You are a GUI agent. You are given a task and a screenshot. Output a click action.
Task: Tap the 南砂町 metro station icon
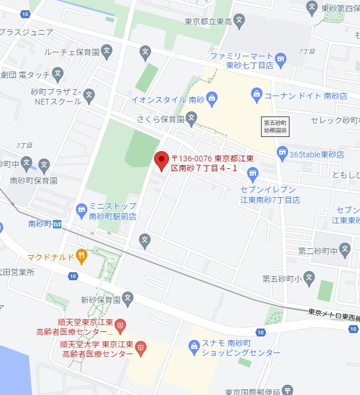[57, 223]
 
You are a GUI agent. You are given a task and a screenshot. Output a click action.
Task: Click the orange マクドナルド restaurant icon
[82, 256]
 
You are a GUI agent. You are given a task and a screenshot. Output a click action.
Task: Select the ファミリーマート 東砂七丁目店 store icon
[280, 59]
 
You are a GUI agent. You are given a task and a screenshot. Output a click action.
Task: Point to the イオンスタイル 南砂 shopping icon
[212, 99]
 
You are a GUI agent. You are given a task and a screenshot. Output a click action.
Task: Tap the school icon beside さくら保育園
[191, 119]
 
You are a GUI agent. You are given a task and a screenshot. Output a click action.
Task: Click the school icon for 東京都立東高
[239, 21]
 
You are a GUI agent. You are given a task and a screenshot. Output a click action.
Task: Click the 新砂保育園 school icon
[128, 298]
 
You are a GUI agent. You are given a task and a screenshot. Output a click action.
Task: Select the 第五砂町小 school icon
[309, 278]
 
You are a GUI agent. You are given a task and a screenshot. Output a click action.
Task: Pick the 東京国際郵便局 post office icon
[288, 390]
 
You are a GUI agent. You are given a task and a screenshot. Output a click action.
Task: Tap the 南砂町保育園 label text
[34, 181]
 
